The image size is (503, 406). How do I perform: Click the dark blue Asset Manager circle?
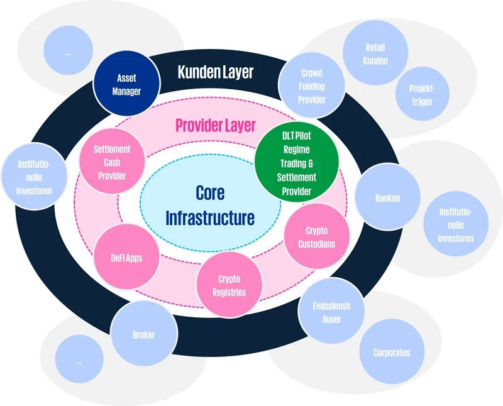(x=126, y=85)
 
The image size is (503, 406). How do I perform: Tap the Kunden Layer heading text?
(x=215, y=72)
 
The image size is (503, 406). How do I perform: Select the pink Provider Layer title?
(x=215, y=125)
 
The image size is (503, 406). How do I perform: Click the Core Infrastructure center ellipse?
(x=209, y=205)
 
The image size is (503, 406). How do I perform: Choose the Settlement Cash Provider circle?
(x=113, y=163)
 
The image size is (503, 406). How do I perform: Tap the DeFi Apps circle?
(x=126, y=258)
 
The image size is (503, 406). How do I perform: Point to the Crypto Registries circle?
(x=229, y=286)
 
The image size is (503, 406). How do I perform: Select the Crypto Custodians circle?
(x=316, y=238)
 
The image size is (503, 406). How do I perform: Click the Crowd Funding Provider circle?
(x=312, y=86)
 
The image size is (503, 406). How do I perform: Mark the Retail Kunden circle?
(x=375, y=54)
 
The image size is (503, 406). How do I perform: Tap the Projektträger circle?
(x=422, y=95)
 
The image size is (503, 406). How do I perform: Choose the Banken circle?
(x=387, y=198)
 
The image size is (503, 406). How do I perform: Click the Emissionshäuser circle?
(x=331, y=312)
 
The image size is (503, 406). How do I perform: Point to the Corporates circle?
(x=391, y=352)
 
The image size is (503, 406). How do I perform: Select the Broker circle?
(x=143, y=335)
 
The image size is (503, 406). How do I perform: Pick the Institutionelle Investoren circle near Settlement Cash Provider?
(x=34, y=178)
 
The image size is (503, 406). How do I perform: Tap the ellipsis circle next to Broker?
(x=79, y=362)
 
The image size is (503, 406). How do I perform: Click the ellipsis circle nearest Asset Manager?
(x=67, y=53)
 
